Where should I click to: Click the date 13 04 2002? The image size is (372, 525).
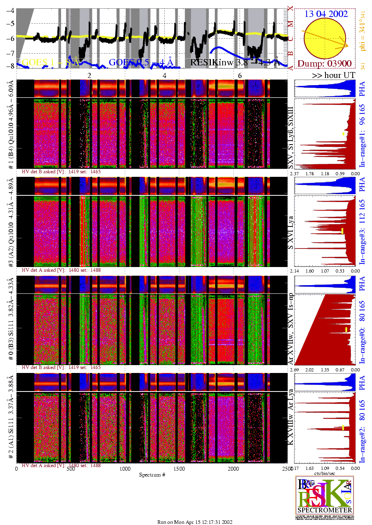point(326,14)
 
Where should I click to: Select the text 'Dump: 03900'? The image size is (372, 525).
point(324,63)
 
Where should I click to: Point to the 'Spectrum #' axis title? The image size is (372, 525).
point(152,475)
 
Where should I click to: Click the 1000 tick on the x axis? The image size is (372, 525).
point(125,469)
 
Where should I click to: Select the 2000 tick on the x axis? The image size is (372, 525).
point(233,469)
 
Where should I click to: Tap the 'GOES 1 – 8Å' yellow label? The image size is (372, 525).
point(50,62)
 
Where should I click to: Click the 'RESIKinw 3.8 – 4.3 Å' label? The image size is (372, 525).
point(235,62)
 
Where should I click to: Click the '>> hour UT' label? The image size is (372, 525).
point(333,75)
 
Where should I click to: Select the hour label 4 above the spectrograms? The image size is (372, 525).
point(164,76)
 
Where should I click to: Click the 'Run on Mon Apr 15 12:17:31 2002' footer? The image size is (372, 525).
point(195,522)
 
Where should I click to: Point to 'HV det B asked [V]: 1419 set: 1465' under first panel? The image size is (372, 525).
point(61,172)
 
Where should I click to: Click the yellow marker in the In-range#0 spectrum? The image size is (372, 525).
point(346,329)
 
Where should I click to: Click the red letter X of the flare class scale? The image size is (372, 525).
point(290,8)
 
